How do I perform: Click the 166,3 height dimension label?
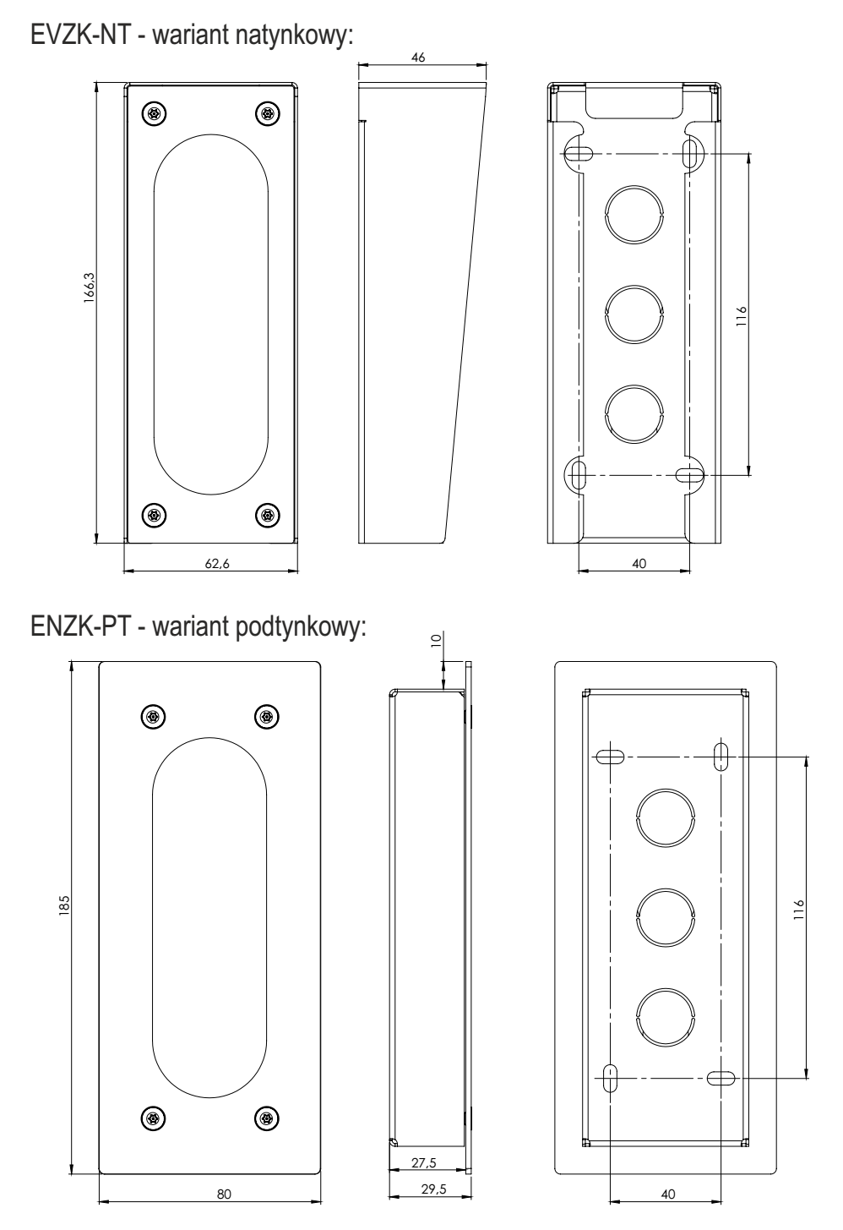click(90, 287)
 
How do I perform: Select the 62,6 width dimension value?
click(217, 564)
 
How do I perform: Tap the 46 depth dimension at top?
click(418, 57)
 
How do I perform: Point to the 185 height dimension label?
click(65, 905)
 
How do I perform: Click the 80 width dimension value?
click(224, 1194)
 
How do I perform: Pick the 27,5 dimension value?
click(424, 1162)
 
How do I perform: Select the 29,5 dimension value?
click(433, 1189)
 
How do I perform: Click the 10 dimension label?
click(437, 640)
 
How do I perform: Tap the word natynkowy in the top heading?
click(294, 37)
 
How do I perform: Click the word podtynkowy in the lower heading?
click(300, 627)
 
